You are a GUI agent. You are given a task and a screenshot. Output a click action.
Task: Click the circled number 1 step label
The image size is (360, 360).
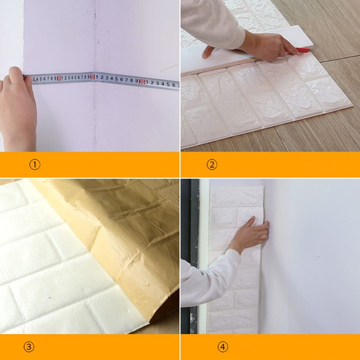[35, 165]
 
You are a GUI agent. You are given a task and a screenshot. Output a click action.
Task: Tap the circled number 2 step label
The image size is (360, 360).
[212, 165]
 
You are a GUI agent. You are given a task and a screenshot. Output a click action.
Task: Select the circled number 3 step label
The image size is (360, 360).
[29, 346]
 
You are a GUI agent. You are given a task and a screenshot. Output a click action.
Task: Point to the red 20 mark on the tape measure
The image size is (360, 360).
[92, 77]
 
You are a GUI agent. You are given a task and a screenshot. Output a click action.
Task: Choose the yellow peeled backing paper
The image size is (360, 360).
[121, 234]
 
